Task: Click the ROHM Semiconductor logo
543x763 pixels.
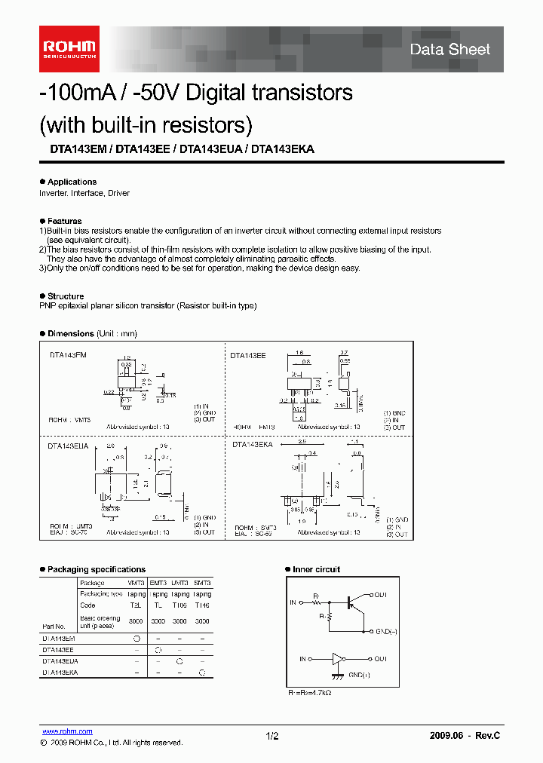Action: tap(69, 48)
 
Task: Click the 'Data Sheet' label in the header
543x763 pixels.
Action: tap(449, 50)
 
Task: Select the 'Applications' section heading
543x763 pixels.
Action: tap(72, 182)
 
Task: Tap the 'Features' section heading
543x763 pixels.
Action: tap(64, 221)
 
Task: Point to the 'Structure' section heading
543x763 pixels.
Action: tap(66, 296)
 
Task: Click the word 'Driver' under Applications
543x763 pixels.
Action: tap(118, 193)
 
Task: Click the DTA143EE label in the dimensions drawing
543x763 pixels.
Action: tap(248, 355)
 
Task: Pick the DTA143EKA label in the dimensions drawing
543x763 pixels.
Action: tap(252, 446)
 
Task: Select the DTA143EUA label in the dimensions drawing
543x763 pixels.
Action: tap(67, 446)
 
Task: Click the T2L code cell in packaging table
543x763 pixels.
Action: tap(136, 605)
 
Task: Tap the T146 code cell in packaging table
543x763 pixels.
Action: tap(202, 605)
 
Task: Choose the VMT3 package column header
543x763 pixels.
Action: tap(136, 583)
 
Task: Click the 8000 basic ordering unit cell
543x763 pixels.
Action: tap(136, 621)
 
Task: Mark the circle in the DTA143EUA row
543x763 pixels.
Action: tap(179, 660)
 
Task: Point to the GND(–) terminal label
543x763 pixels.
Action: tap(387, 631)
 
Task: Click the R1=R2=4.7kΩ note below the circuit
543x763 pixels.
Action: tap(309, 691)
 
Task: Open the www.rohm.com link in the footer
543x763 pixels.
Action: tap(66, 731)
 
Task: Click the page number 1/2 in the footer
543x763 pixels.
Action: tap(272, 735)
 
